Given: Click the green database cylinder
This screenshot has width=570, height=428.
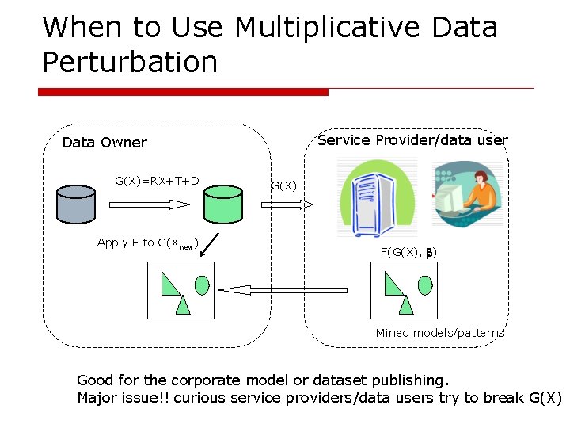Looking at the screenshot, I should click(223, 204).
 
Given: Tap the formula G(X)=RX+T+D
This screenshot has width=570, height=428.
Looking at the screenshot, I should click(157, 181).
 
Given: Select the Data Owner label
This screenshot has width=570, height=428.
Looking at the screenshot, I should click(104, 143).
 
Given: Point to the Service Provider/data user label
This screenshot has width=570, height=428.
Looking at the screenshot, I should click(412, 140).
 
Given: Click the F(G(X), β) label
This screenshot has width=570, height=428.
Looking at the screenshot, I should click(408, 252).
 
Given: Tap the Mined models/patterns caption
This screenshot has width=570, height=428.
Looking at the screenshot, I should click(439, 333).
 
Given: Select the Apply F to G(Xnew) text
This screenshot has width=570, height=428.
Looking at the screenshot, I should click(147, 243).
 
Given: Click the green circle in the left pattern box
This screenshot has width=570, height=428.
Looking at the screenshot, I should click(202, 284).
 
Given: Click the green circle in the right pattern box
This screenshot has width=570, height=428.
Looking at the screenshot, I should click(426, 284).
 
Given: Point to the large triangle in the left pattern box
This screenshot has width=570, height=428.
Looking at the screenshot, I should click(169, 283).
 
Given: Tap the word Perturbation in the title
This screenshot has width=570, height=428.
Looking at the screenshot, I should click(130, 62).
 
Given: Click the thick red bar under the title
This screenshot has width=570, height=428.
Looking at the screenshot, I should click(183, 92).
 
